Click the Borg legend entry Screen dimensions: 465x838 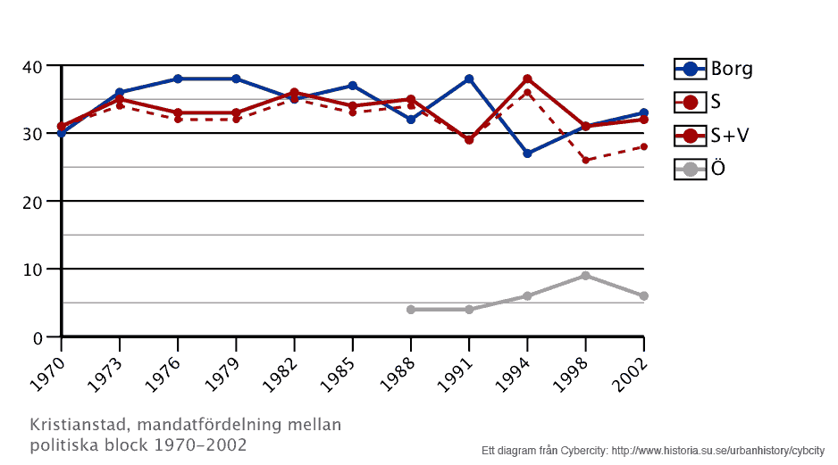tap(713, 69)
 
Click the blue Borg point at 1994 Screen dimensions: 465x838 tap(527, 154)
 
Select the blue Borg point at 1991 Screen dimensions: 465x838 tap(469, 79)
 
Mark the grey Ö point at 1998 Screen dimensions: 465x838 tap(585, 276)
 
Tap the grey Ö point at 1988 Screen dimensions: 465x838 tap(411, 310)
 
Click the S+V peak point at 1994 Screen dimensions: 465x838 tap(527, 79)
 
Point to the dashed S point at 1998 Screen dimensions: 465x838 tap(585, 161)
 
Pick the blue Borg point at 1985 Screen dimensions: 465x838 tap(353, 86)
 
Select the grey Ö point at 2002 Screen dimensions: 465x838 tap(643, 296)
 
